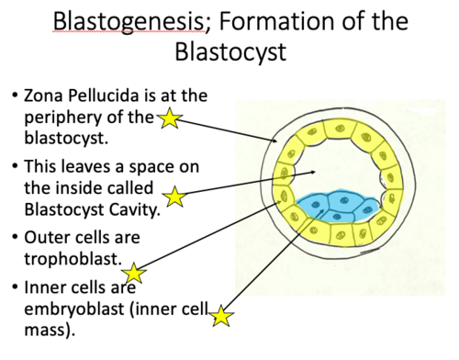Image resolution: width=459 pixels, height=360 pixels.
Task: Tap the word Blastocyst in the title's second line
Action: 229,52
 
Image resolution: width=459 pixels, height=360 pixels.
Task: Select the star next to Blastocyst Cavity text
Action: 174,196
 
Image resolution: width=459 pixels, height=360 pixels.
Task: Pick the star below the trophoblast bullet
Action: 135,272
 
